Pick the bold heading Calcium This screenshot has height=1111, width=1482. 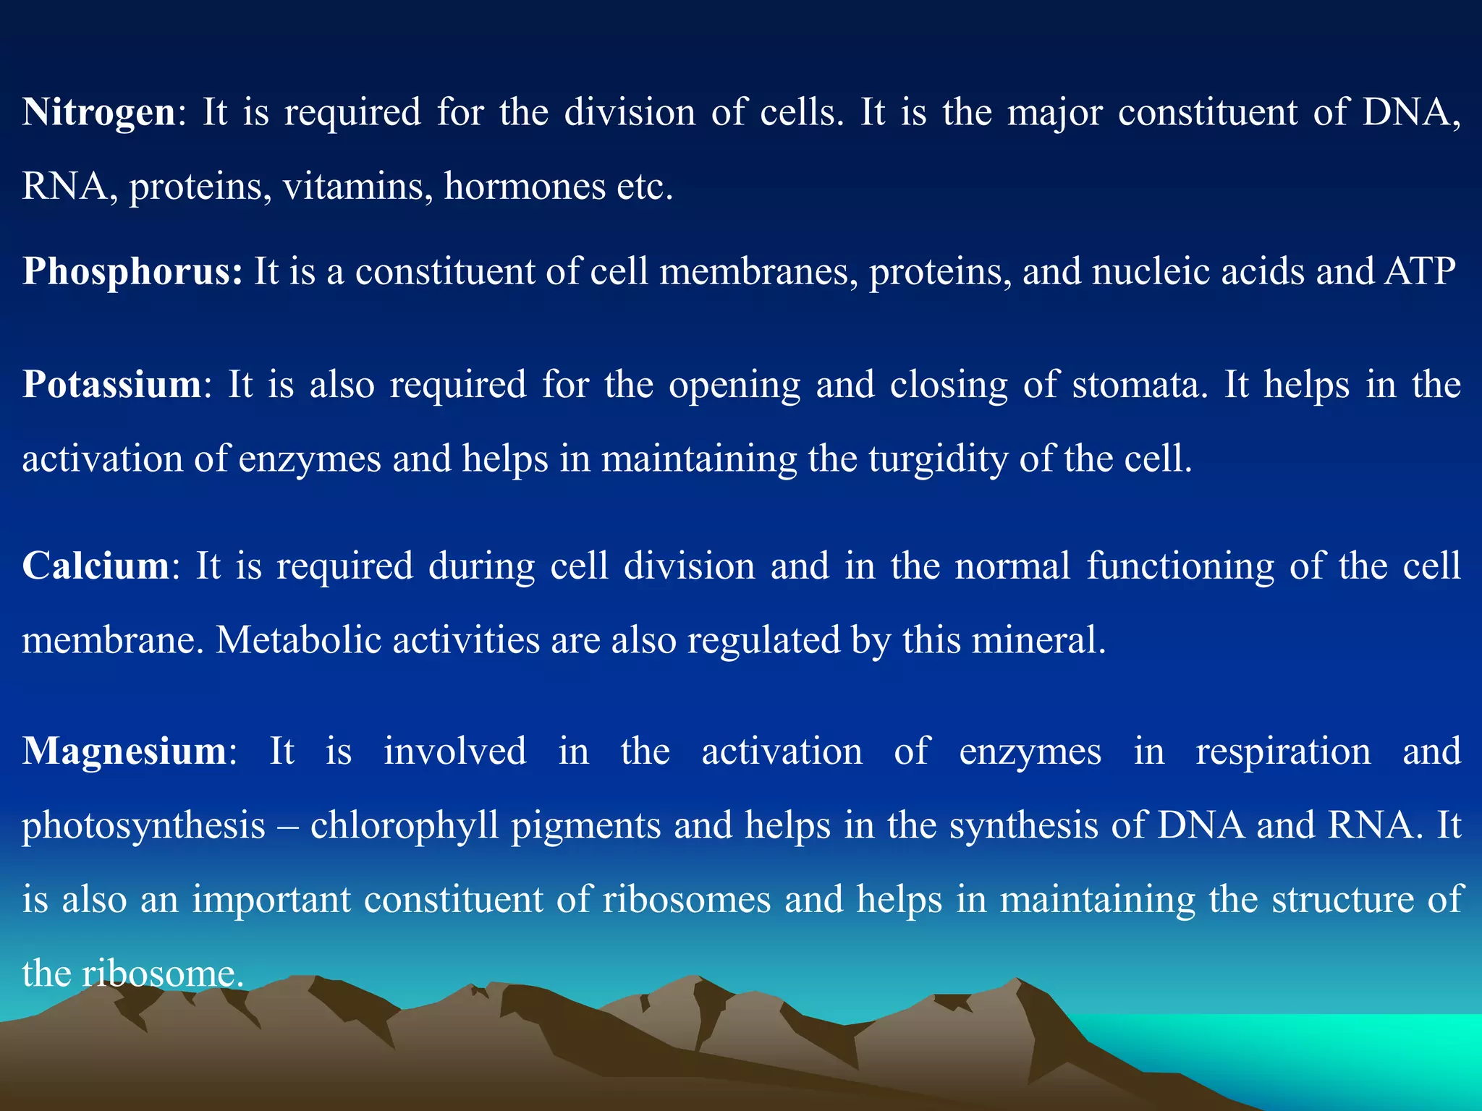click(96, 566)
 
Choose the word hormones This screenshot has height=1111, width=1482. click(525, 187)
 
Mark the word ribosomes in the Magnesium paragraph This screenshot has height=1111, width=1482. click(687, 900)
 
